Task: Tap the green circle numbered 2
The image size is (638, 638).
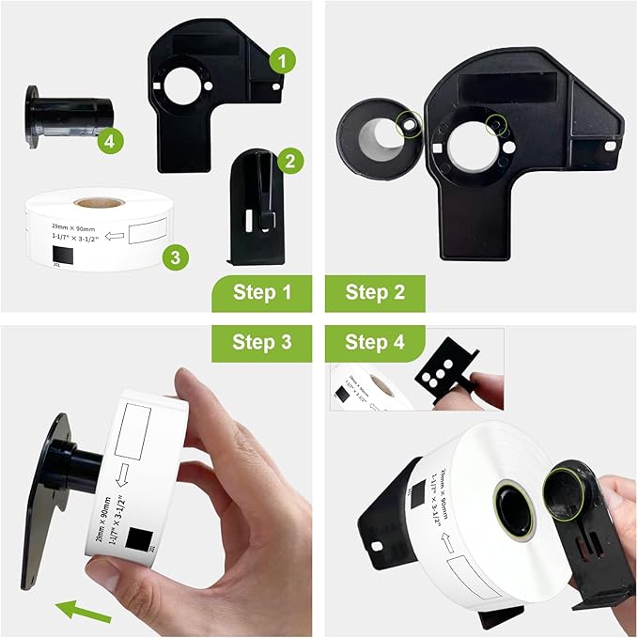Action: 289,161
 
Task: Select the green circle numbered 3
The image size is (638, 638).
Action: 174,256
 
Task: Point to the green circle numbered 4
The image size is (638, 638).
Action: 111,142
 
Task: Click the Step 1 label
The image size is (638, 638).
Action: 259,293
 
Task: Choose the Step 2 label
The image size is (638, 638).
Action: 374,293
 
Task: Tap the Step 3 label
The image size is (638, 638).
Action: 260,343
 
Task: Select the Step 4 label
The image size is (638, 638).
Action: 374,343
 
